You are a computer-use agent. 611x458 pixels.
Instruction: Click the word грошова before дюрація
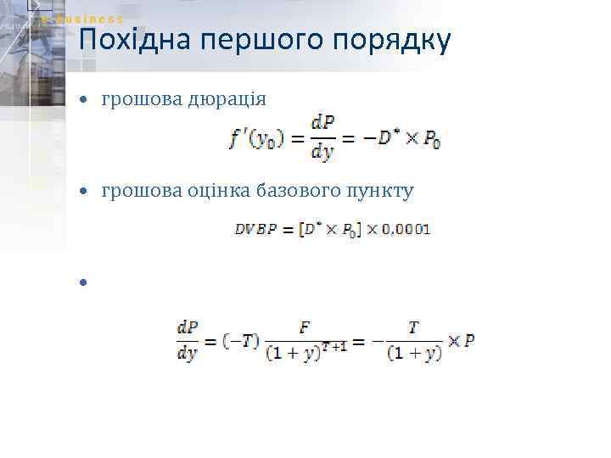(x=138, y=100)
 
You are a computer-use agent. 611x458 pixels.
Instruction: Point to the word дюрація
(x=223, y=100)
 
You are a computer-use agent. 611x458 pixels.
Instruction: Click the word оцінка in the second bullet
(x=214, y=191)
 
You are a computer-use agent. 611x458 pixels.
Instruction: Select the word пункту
(x=376, y=191)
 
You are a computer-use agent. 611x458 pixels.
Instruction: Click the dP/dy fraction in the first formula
(x=322, y=139)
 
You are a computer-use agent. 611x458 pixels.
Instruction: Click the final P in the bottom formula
(x=469, y=341)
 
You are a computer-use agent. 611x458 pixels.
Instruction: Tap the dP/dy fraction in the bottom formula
(x=188, y=341)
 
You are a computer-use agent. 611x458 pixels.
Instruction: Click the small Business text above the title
(x=92, y=19)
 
